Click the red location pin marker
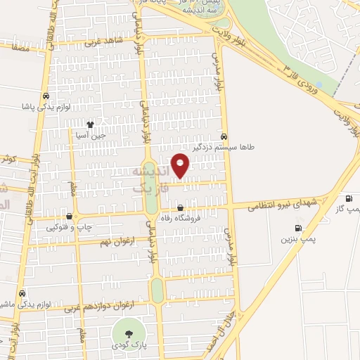(181, 165)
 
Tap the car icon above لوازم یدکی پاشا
(46, 96)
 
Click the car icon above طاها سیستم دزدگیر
(224, 136)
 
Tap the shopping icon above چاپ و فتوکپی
(69, 217)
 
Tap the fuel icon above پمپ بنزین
(299, 228)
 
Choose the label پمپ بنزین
(296, 239)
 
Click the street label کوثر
(8, 160)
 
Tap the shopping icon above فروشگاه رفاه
(181, 207)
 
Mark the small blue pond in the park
(319, 85)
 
